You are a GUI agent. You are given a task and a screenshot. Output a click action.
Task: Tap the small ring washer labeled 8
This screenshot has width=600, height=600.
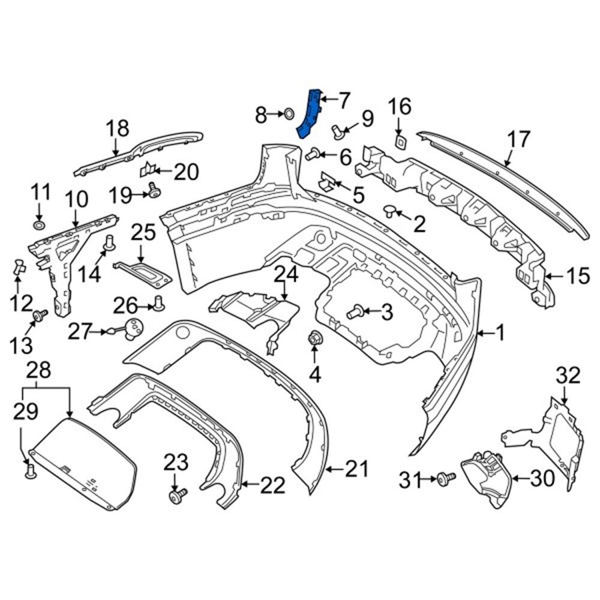[288, 113]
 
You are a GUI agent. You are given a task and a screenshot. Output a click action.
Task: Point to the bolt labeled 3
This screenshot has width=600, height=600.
[354, 311]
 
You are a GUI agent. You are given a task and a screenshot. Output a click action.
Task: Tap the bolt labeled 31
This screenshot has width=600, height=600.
[446, 478]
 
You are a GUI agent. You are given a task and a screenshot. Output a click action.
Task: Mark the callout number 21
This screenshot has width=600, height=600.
[358, 468]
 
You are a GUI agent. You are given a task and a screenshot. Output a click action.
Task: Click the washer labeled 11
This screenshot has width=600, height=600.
[39, 226]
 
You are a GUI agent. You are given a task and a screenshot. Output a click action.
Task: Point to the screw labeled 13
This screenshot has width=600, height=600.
[41, 314]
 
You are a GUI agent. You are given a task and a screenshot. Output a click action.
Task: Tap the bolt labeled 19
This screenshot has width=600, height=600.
[154, 191]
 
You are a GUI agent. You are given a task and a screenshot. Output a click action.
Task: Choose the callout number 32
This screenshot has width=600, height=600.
[568, 376]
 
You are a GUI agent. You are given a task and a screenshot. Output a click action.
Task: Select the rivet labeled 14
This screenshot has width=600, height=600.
[110, 243]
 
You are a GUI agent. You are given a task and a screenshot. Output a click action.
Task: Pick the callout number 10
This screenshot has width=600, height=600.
[76, 199]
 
